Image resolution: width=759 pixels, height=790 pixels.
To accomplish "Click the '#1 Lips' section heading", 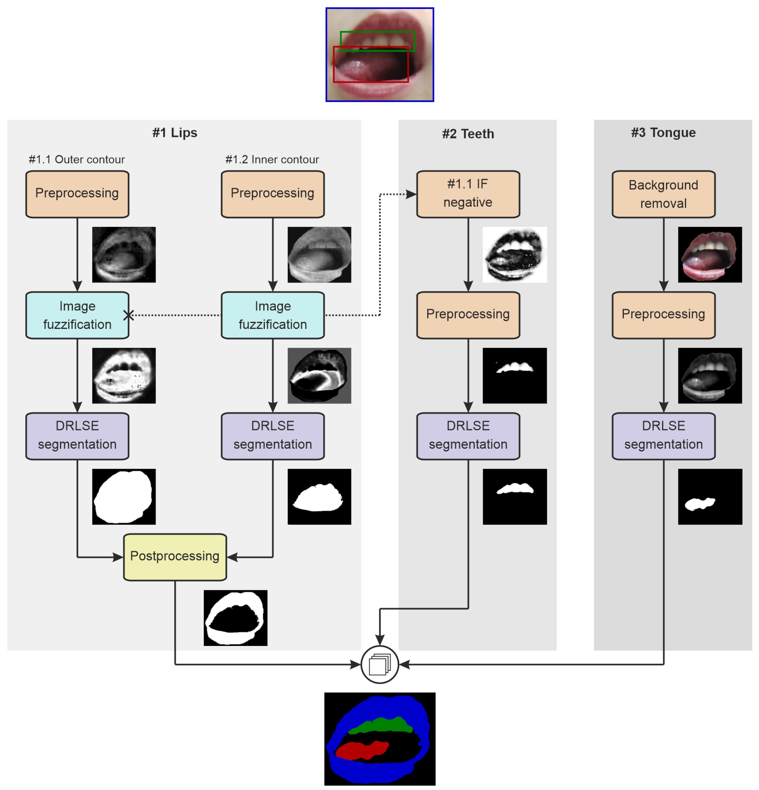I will click(x=175, y=133).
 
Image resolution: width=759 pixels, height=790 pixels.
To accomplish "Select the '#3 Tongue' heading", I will click(x=663, y=133).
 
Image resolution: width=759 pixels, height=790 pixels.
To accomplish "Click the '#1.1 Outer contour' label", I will click(x=76, y=160).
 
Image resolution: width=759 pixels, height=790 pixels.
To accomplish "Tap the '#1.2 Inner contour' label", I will click(x=272, y=160).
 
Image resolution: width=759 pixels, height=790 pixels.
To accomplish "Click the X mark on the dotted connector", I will click(x=129, y=315).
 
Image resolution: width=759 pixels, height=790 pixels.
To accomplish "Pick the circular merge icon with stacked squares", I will click(x=380, y=665).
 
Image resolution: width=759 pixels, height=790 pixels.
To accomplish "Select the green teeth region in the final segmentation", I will click(x=381, y=725).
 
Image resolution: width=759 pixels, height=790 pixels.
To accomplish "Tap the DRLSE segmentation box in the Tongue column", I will click(x=663, y=436).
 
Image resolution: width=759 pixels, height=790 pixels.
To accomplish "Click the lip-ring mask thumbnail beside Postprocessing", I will click(x=235, y=618).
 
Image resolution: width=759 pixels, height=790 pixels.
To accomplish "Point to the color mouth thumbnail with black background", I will click(x=710, y=255).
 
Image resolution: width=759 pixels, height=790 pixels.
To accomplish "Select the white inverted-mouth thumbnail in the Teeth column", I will click(x=515, y=255).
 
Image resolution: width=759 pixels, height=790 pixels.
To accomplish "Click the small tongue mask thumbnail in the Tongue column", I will click(x=710, y=497).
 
